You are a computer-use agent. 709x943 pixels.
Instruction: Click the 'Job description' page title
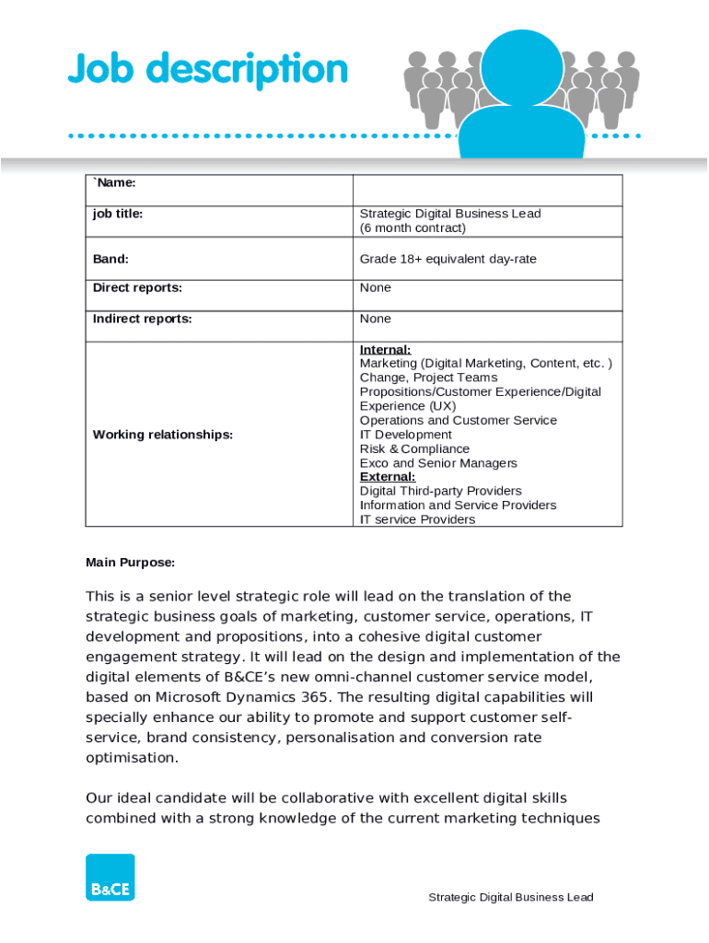click(x=207, y=70)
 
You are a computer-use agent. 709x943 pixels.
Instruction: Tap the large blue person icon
click(x=521, y=92)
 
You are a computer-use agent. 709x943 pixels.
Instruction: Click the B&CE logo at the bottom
click(x=110, y=877)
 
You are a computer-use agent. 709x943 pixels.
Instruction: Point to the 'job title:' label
click(x=118, y=214)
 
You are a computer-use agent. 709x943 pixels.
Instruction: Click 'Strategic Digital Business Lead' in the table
click(x=449, y=214)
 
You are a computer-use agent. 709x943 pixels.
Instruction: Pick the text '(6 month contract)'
click(x=413, y=227)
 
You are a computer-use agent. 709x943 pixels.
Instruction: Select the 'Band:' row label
click(x=110, y=259)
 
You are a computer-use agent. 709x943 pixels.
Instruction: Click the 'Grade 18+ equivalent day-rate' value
click(x=447, y=259)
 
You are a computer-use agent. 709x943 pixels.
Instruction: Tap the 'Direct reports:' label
click(x=137, y=287)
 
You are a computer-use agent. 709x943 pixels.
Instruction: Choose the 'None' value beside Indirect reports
click(x=375, y=319)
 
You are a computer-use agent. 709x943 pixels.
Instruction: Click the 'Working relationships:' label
click(x=163, y=435)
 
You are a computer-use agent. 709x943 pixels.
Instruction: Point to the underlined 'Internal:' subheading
click(x=385, y=350)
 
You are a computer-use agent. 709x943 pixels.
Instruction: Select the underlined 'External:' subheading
click(x=387, y=477)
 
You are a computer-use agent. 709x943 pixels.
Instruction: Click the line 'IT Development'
click(x=405, y=435)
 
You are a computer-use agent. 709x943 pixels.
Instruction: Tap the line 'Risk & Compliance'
click(x=414, y=448)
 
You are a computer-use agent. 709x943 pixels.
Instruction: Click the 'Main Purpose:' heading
click(x=130, y=562)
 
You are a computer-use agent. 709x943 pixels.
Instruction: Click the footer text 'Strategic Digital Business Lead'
click(x=510, y=897)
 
